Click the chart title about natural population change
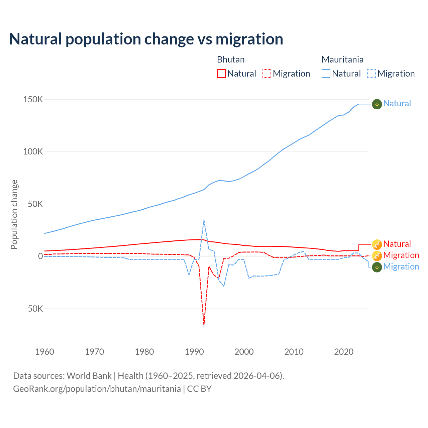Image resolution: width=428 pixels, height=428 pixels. (x=146, y=39)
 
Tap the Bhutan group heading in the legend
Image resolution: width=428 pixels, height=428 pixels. (x=231, y=60)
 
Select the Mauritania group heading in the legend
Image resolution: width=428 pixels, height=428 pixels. (x=342, y=60)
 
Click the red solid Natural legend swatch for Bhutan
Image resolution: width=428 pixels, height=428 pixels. (x=221, y=74)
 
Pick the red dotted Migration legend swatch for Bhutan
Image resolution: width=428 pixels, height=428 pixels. (x=267, y=74)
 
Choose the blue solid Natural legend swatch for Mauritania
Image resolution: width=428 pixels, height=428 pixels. (x=326, y=74)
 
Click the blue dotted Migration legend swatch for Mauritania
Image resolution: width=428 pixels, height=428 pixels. (x=371, y=74)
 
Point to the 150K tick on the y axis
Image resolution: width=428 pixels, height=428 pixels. (x=33, y=100)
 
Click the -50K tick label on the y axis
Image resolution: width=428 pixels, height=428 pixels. (x=34, y=309)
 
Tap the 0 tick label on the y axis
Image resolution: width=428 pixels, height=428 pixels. (x=40, y=256)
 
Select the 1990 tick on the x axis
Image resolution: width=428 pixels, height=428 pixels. (x=194, y=352)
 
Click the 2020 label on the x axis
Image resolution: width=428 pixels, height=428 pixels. (x=344, y=352)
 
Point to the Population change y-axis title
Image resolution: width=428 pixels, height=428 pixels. (x=14, y=214)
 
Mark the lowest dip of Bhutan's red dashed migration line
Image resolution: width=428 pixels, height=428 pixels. (x=204, y=324)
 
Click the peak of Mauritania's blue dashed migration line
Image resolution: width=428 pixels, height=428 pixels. (x=204, y=220)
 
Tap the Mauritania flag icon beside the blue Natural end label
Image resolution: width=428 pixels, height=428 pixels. (x=377, y=104)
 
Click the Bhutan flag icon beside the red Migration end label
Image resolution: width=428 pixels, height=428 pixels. (x=377, y=256)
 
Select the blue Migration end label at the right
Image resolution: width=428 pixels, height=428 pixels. (x=401, y=267)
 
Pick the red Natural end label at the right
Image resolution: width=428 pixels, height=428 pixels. (x=397, y=244)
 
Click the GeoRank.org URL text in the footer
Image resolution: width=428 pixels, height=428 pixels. (x=97, y=389)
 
